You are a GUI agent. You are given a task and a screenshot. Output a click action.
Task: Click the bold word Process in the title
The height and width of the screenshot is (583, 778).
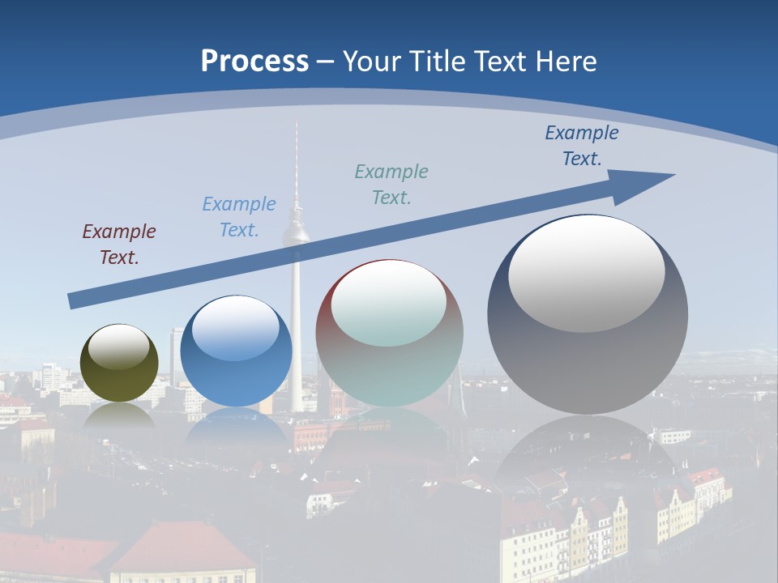(254, 62)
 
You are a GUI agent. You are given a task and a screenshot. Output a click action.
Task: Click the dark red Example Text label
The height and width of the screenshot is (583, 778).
(119, 245)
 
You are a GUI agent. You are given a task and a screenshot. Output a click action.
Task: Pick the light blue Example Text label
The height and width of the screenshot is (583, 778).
(239, 217)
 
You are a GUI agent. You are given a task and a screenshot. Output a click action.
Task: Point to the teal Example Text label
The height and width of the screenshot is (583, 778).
(391, 185)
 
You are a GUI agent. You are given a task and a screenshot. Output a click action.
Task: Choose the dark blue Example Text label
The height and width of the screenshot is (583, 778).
(581, 146)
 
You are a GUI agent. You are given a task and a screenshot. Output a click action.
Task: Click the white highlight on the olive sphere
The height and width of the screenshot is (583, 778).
(118, 347)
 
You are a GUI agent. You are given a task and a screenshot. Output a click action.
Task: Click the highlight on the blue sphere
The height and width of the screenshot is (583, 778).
(236, 329)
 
